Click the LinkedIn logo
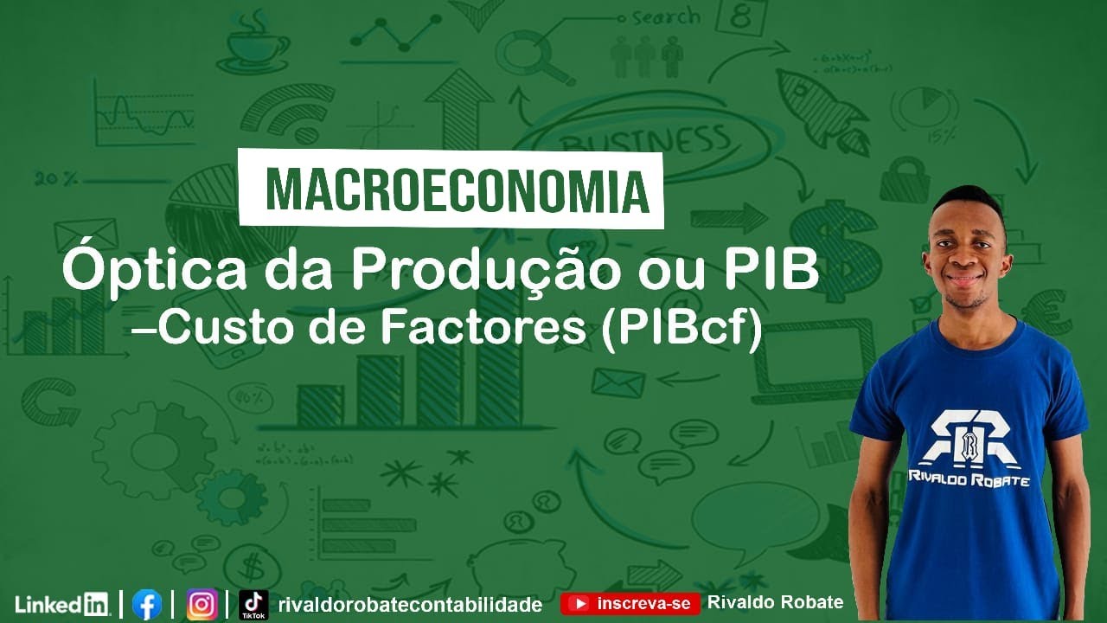(61, 603)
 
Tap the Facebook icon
(147, 603)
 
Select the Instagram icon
(202, 603)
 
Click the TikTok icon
(253, 603)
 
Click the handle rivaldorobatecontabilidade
(411, 604)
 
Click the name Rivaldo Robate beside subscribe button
(775, 602)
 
